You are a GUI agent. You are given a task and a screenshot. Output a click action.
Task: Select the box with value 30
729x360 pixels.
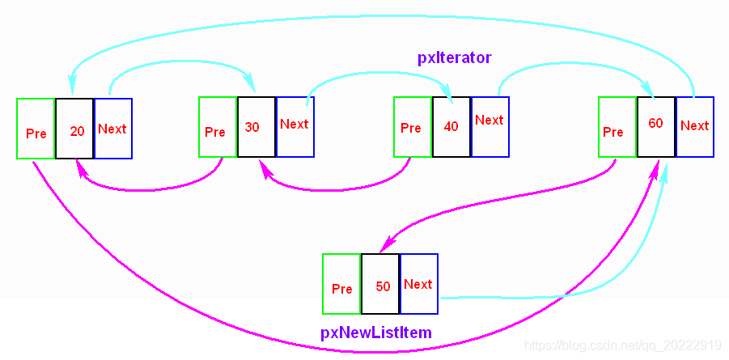click(x=256, y=127)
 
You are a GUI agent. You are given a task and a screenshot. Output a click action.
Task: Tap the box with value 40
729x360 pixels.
click(x=451, y=126)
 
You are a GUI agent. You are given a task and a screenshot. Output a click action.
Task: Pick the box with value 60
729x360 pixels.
click(x=656, y=126)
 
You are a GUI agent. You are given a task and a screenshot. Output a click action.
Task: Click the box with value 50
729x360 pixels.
click(x=380, y=284)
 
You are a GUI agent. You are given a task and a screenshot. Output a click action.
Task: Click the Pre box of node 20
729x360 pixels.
click(x=36, y=129)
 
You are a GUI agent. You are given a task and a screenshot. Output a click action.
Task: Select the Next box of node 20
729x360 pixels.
click(x=113, y=129)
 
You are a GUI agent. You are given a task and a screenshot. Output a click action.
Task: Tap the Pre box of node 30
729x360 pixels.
click(x=218, y=127)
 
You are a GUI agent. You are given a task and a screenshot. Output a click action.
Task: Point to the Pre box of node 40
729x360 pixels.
click(x=413, y=126)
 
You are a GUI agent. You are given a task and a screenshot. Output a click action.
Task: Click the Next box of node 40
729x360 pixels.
click(x=490, y=126)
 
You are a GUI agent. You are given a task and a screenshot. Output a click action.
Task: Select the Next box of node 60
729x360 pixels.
click(x=695, y=126)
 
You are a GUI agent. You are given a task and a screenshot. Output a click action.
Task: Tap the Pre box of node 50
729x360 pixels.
click(x=341, y=284)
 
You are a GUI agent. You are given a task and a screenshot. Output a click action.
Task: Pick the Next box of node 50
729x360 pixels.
click(x=419, y=284)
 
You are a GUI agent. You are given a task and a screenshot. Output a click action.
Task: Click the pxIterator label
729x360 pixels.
click(x=454, y=57)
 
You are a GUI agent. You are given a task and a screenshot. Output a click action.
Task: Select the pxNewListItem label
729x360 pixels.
click(x=375, y=332)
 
